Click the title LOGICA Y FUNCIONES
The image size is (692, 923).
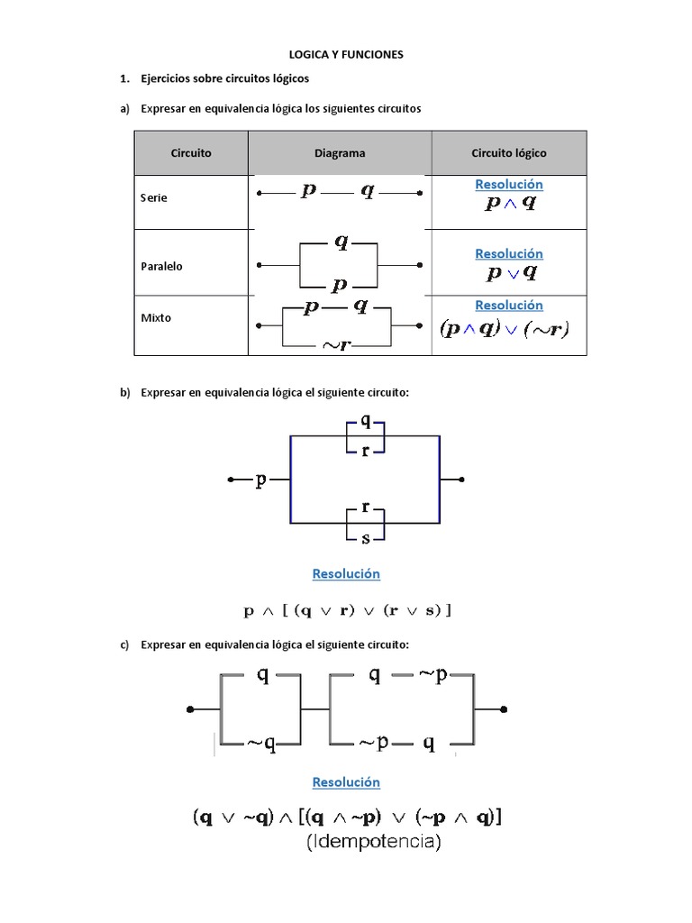click(x=346, y=55)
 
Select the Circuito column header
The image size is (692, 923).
click(x=191, y=153)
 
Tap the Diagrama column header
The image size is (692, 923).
click(x=340, y=153)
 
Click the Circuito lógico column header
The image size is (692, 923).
click(x=508, y=153)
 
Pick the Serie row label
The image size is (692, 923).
click(x=154, y=198)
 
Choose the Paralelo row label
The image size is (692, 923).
click(x=161, y=267)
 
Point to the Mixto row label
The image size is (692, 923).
click(x=156, y=318)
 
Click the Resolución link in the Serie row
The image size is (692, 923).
click(x=509, y=185)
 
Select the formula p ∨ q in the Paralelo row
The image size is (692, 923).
click(x=509, y=272)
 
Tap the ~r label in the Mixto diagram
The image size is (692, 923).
click(x=337, y=344)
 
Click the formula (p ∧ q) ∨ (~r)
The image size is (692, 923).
click(x=505, y=329)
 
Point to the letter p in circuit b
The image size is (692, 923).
click(x=261, y=480)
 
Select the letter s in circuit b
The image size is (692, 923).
click(x=365, y=538)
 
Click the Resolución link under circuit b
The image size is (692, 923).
click(x=346, y=574)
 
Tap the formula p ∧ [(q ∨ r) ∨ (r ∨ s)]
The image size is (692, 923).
click(x=347, y=611)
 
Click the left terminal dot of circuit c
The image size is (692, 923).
click(x=190, y=709)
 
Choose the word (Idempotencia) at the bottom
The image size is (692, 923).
click(x=374, y=844)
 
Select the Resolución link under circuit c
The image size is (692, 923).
click(x=346, y=782)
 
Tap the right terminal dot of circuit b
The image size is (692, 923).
click(x=462, y=480)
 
